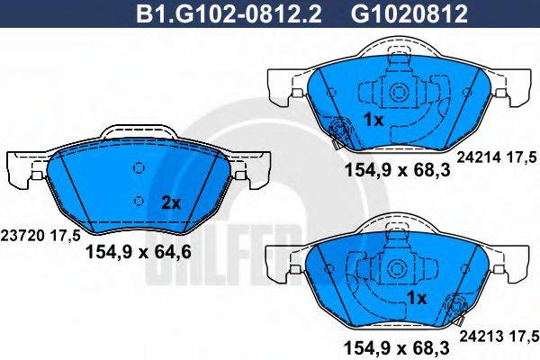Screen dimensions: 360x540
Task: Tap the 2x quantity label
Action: [x=171, y=203]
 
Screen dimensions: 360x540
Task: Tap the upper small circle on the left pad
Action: [x=138, y=168]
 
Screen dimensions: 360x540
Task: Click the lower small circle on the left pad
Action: [x=138, y=200]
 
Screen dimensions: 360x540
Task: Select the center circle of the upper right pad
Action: [x=397, y=91]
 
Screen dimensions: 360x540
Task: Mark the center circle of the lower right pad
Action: [x=397, y=268]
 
